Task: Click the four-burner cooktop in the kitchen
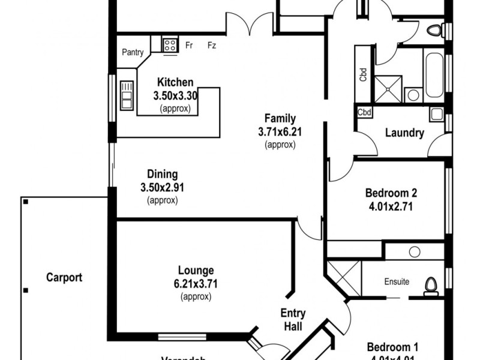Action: (170, 44)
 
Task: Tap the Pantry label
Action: (133, 53)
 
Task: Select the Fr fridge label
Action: (188, 45)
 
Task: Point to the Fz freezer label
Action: (212, 45)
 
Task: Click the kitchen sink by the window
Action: (127, 95)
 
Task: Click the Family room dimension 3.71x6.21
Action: (281, 131)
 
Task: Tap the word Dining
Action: (162, 175)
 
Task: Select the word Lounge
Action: (196, 271)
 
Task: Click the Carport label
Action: (64, 278)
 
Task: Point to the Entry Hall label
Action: (293, 320)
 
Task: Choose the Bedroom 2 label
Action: (391, 193)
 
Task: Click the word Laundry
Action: (404, 133)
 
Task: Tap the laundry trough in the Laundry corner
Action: (436, 114)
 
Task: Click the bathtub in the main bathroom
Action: (435, 77)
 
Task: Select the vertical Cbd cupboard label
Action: (363, 74)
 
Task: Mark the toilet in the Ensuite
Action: (430, 286)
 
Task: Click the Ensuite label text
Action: (397, 281)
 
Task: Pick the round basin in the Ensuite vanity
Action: (413, 251)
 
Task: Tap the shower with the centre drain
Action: (388, 88)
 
